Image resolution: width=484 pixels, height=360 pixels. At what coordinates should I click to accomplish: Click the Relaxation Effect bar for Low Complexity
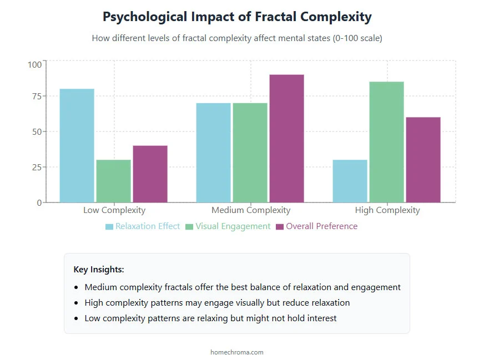click(x=77, y=145)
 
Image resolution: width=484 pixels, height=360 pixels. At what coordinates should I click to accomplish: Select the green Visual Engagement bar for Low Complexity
click(x=114, y=181)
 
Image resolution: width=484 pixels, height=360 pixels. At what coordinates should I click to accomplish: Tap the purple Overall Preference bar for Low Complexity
click(x=150, y=174)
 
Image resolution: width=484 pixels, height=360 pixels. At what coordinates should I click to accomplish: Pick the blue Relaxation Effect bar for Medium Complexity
click(x=214, y=153)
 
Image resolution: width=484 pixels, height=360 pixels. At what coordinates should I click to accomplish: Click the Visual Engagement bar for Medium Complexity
click(x=250, y=153)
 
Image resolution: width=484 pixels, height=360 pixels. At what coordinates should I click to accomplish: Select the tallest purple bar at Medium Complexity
click(x=286, y=138)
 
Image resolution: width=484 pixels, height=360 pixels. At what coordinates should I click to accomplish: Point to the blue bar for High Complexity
click(x=350, y=181)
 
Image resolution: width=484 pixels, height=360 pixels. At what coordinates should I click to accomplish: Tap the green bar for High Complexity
click(x=386, y=142)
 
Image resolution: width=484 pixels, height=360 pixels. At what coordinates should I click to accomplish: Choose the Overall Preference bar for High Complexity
click(x=423, y=160)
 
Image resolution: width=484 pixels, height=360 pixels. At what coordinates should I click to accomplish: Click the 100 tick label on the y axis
click(x=34, y=64)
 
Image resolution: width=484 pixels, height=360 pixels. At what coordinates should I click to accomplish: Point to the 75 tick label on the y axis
click(x=36, y=97)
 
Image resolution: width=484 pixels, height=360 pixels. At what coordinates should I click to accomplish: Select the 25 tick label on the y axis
click(x=36, y=168)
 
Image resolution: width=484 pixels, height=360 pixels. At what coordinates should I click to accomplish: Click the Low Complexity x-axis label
click(x=114, y=210)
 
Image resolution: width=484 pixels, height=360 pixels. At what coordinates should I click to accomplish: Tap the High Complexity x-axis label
click(x=387, y=210)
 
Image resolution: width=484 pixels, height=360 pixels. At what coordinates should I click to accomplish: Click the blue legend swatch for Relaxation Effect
click(x=109, y=227)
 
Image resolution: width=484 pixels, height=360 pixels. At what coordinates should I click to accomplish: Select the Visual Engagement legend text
click(x=233, y=226)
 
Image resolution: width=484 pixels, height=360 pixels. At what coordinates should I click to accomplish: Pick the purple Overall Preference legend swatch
click(x=280, y=227)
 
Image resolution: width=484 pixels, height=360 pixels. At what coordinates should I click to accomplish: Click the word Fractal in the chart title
click(x=276, y=17)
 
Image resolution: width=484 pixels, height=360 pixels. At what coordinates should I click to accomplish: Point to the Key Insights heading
click(x=99, y=270)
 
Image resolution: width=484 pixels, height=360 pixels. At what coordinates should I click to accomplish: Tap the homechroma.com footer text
click(x=237, y=352)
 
